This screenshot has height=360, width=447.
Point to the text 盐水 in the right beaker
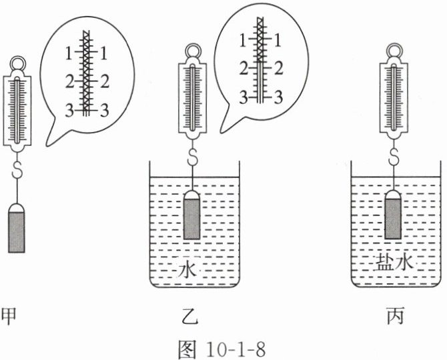click(395, 261)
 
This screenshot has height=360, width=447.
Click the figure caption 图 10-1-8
click(221, 349)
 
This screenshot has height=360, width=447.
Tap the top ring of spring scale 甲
click(18, 63)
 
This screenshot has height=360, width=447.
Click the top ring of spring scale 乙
click(193, 51)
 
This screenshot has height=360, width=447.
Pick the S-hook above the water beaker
click(193, 157)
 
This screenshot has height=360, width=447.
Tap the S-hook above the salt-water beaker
click(394, 157)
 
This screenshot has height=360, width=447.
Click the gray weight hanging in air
click(17, 228)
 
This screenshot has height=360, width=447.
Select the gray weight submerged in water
click(191, 215)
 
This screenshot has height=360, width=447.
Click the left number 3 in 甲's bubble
click(69, 110)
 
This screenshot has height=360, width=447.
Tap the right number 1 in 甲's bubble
click(104, 53)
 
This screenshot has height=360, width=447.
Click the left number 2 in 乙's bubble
click(244, 69)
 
